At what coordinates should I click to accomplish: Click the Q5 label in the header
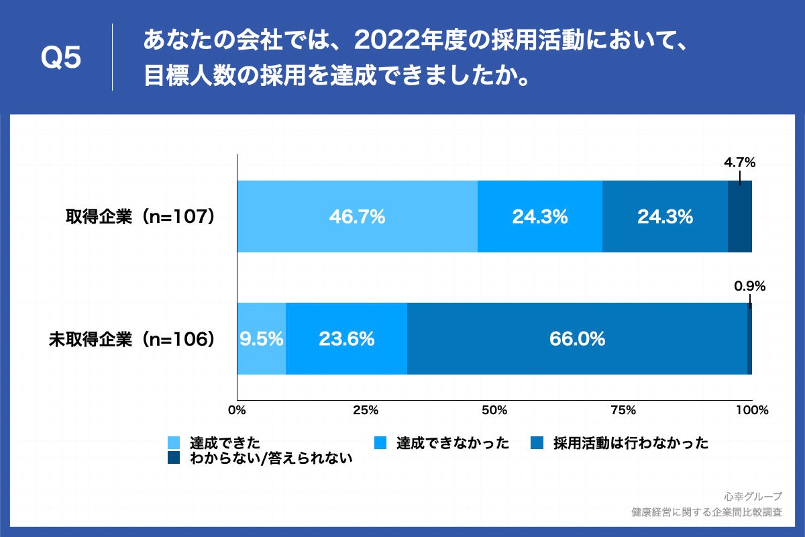tap(61, 58)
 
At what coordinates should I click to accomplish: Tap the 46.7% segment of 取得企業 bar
tap(357, 217)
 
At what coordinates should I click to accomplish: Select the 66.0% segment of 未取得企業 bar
tap(577, 339)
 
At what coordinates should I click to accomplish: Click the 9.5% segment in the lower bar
tap(261, 339)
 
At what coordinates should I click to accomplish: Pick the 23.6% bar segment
tap(346, 339)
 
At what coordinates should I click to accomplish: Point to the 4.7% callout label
tap(739, 162)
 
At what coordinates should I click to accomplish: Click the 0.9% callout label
tap(749, 286)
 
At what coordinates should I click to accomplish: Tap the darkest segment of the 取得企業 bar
tap(740, 217)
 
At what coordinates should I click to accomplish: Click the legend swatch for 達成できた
tap(174, 443)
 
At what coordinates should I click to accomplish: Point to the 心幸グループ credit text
tap(753, 497)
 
